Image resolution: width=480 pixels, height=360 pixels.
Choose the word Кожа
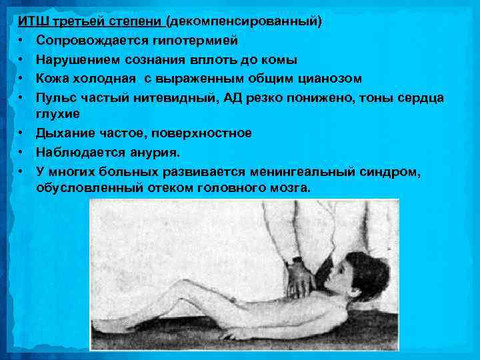pyautogui.click(x=53, y=79)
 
